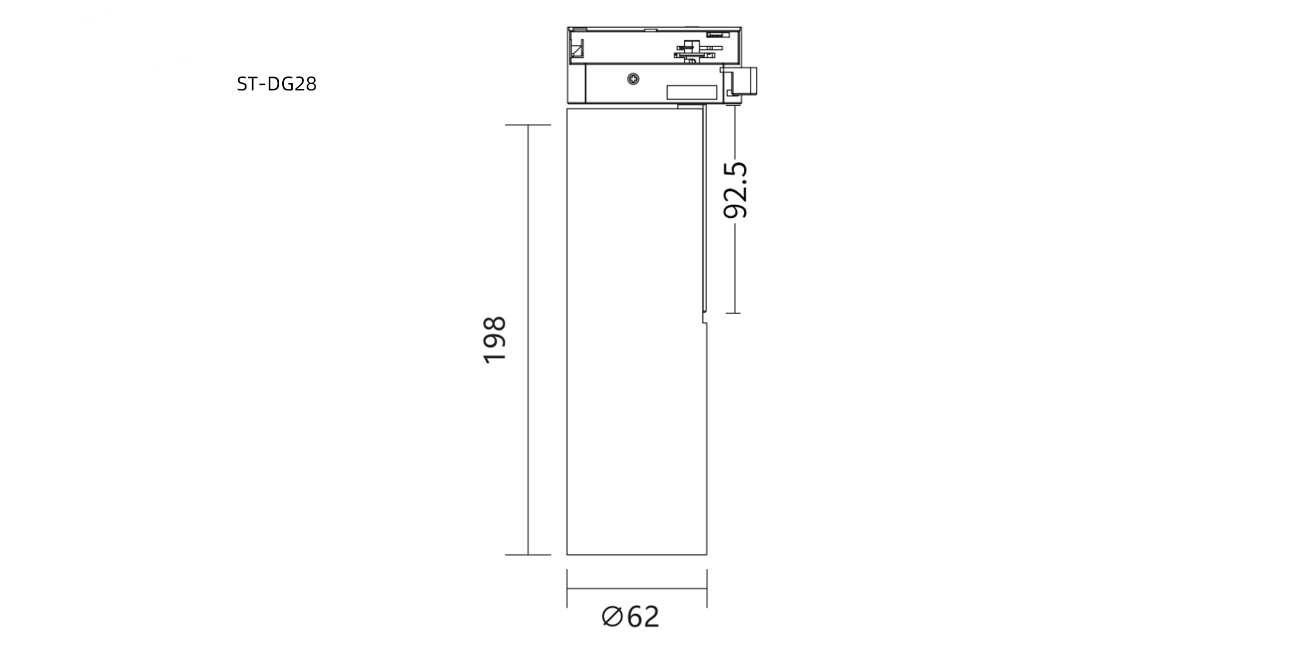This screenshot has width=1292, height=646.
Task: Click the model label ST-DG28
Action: pyautogui.click(x=276, y=84)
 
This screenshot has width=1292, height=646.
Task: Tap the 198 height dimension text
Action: pyautogui.click(x=494, y=339)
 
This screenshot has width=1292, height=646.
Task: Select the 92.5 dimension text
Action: pyautogui.click(x=735, y=190)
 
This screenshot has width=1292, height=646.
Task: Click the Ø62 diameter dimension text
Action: pyautogui.click(x=631, y=617)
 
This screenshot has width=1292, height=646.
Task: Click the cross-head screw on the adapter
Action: pyautogui.click(x=634, y=79)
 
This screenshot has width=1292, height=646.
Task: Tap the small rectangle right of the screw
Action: pyautogui.click(x=691, y=92)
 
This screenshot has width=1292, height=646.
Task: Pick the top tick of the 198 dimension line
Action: pyautogui.click(x=528, y=125)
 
